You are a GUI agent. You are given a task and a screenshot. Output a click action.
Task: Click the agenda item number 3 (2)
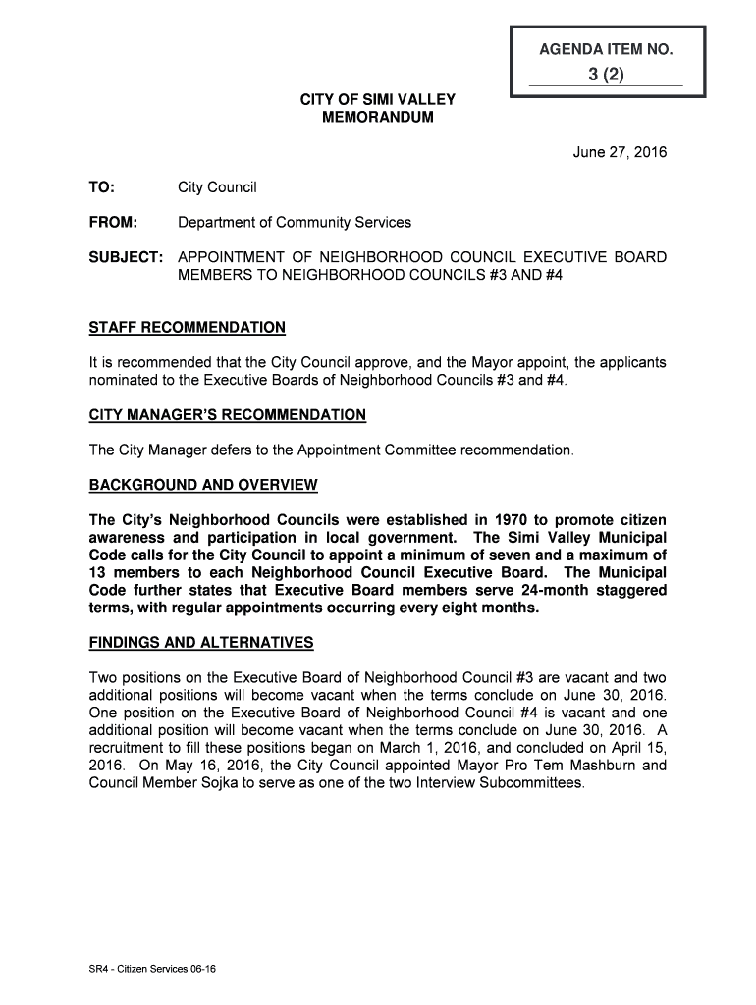coord(606,75)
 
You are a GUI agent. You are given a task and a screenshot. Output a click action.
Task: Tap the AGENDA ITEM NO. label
coord(606,49)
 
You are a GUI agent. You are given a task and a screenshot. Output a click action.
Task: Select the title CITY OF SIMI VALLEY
coord(377,100)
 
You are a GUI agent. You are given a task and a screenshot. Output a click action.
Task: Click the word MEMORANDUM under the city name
coord(377,118)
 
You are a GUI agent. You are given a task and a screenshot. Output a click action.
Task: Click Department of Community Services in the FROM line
coord(294,222)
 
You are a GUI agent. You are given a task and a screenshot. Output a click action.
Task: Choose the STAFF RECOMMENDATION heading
coord(188,327)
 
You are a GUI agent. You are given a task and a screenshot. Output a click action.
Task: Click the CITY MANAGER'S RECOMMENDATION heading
coord(227,415)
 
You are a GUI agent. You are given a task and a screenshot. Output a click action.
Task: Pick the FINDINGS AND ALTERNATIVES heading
coord(201,643)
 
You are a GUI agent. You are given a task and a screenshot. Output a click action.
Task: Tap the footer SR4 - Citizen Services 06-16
coord(152,969)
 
